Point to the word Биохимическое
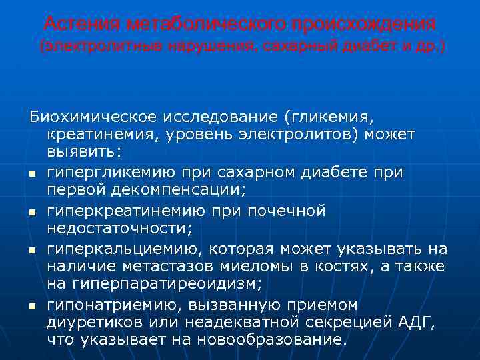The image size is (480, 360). pos(94,117)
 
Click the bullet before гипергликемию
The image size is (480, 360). pos(31,174)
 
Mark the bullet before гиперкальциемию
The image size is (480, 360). pos(31,250)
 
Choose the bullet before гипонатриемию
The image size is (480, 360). pos(31,306)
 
